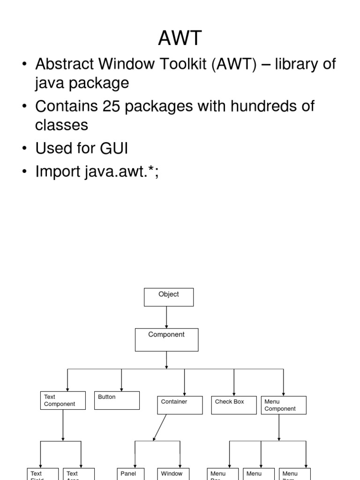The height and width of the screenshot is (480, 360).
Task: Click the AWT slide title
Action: (x=180, y=38)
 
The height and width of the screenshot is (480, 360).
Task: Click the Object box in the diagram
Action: (x=168, y=297)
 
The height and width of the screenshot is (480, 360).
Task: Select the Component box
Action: (x=166, y=339)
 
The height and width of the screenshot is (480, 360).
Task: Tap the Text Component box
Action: (x=63, y=400)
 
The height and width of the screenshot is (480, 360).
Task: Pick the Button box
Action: (x=117, y=400)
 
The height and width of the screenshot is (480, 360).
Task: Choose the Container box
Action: (x=180, y=405)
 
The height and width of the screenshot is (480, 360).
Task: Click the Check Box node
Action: (x=234, y=405)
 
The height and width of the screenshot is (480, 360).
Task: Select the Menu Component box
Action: (x=283, y=405)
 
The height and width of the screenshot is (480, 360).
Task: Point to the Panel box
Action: (x=130, y=473)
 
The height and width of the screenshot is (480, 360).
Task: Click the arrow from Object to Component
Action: (x=166, y=317)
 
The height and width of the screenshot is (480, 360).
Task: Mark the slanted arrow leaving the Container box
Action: (x=160, y=427)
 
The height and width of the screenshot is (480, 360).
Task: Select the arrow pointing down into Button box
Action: (x=121, y=380)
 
